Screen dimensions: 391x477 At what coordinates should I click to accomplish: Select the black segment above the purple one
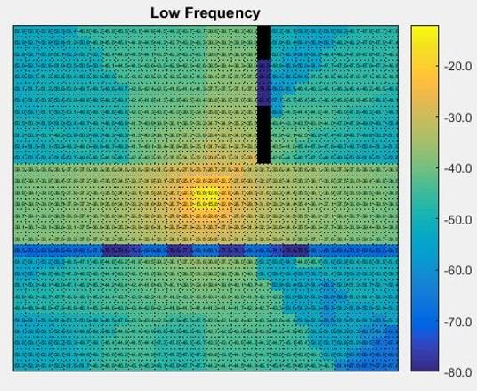263,43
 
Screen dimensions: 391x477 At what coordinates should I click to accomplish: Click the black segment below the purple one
263,134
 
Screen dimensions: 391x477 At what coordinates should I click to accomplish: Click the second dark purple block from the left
180,251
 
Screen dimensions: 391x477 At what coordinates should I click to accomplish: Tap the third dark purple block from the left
231,251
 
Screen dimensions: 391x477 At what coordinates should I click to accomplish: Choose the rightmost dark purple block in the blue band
295,251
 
